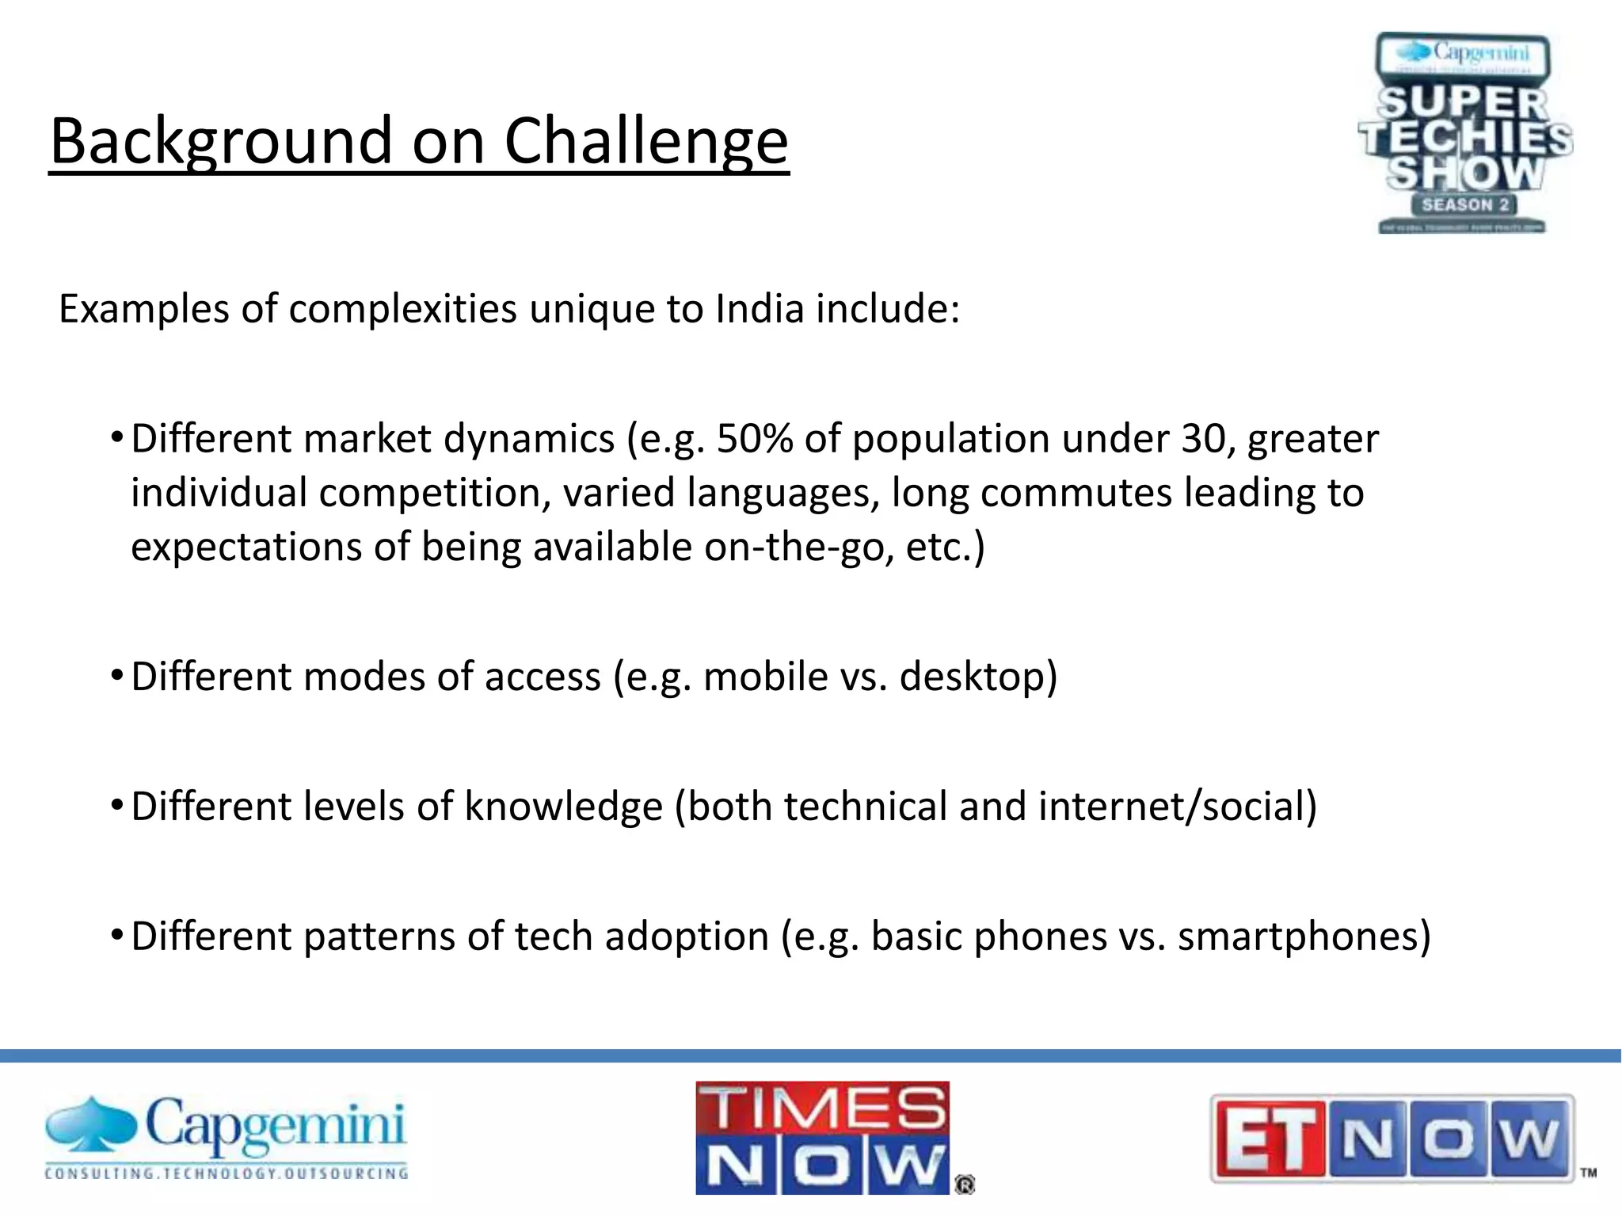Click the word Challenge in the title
[645, 141]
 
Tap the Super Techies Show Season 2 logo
[1464, 133]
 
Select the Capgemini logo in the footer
[227, 1138]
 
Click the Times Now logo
[823, 1138]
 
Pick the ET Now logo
[1392, 1138]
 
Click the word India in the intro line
[760, 308]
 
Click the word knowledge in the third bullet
[563, 807]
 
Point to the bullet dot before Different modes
[116, 676]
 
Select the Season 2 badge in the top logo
[1464, 204]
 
